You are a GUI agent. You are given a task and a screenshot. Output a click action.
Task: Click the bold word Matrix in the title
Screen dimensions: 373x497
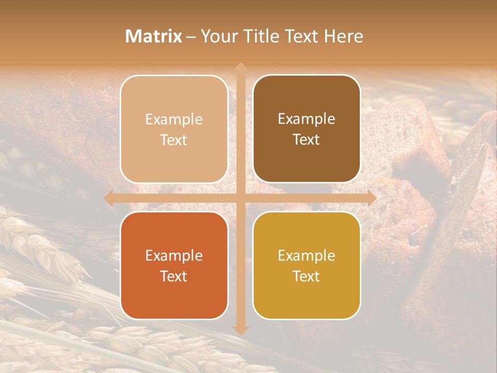[x=154, y=36]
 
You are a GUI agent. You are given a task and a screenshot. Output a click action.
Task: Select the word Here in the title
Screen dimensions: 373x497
[x=343, y=36]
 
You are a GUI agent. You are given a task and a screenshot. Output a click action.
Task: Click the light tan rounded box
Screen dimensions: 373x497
[x=174, y=129]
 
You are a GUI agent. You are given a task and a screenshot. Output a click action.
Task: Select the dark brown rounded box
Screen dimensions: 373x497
[x=306, y=129]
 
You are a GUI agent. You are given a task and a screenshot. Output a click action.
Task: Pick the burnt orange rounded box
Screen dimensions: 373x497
[x=174, y=265]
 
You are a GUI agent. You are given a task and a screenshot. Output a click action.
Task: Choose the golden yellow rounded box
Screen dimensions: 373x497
[x=306, y=265]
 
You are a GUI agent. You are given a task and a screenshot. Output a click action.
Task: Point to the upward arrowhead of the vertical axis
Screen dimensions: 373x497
[x=240, y=67]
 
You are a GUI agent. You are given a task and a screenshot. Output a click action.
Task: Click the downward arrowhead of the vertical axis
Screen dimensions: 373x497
[x=240, y=329]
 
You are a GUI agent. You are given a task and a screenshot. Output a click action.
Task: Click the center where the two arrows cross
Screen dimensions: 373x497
[x=240, y=198]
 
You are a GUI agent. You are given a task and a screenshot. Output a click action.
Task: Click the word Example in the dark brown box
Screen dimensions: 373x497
[x=306, y=119]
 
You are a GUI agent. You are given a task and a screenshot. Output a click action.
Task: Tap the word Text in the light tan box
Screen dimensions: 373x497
[x=174, y=140]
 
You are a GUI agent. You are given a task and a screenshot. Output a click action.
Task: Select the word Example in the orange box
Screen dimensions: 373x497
[x=174, y=255]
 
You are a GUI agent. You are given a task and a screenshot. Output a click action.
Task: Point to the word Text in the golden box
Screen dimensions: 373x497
[x=306, y=276]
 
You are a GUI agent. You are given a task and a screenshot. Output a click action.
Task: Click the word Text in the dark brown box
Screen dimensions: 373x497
[x=306, y=140]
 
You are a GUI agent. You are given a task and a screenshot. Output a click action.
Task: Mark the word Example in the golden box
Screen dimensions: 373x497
[x=306, y=255]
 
